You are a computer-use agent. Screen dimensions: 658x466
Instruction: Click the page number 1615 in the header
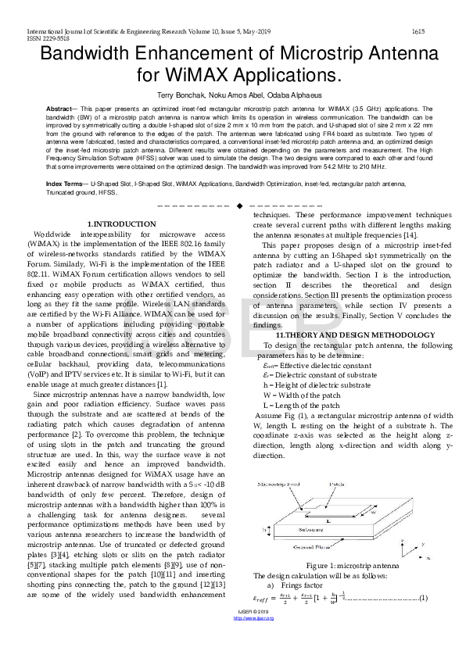[418, 31]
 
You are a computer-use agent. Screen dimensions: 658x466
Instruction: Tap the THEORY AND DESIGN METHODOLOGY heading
[353, 334]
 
